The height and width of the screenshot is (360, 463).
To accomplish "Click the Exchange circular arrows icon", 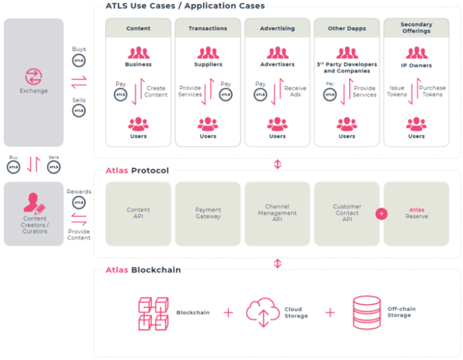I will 34,76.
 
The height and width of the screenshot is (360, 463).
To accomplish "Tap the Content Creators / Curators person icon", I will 34,201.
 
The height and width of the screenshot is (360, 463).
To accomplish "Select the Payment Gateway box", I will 208,213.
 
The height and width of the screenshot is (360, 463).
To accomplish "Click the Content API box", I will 138,213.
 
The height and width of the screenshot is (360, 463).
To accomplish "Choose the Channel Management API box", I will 277,213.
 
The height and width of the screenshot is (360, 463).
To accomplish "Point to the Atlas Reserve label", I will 417,213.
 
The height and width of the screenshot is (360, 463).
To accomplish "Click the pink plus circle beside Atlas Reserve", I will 382,214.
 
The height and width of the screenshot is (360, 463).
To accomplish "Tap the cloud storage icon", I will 263,312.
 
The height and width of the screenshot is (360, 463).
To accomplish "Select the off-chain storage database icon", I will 367,312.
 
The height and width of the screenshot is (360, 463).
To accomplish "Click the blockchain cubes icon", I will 154,312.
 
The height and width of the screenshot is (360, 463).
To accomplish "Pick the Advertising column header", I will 277,28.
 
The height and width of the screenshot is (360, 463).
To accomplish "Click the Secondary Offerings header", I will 416,28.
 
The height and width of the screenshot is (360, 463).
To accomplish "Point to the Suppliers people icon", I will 208,52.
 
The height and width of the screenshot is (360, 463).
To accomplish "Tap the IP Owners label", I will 416,65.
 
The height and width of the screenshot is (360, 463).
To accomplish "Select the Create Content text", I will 156,91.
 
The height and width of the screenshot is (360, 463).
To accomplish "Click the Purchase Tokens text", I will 433,91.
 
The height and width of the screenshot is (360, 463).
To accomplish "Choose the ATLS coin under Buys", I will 79,61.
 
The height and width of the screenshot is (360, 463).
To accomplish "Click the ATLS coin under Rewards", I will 79,202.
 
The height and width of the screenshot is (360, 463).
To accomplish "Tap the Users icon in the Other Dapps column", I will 347,124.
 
